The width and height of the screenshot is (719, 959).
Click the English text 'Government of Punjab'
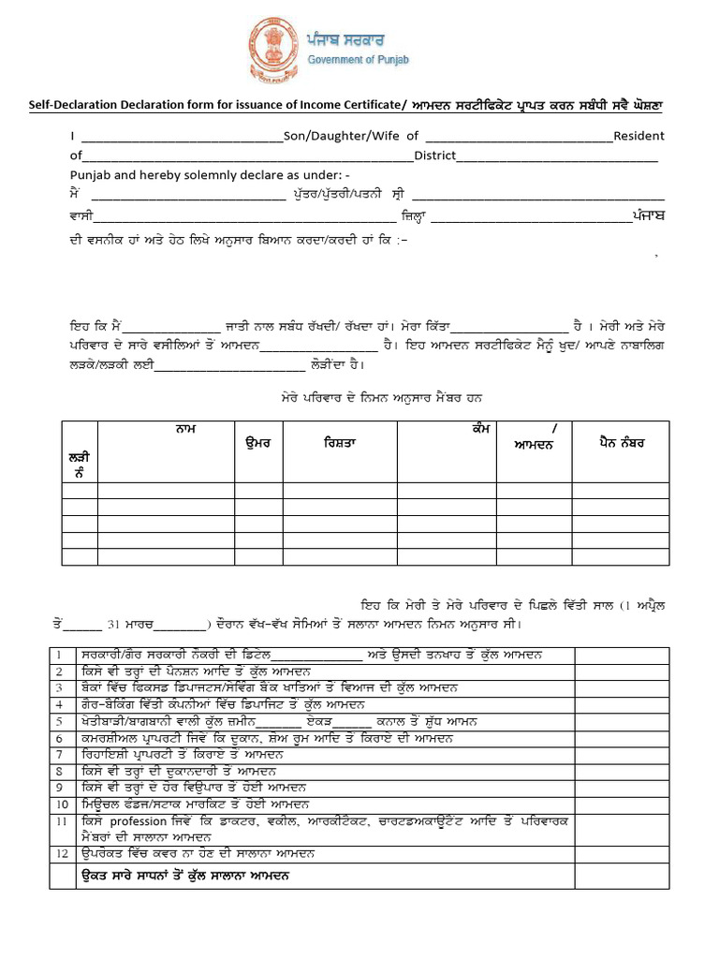point(359,60)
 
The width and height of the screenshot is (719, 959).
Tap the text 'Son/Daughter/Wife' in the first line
point(344,136)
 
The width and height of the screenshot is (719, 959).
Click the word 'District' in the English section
point(434,155)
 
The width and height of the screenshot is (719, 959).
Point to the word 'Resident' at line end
point(638,136)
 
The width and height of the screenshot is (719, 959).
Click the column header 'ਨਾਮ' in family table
point(184,429)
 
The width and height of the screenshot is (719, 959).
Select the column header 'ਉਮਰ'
point(257,442)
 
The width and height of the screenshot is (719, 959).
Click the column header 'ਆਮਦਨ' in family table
point(534,445)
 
